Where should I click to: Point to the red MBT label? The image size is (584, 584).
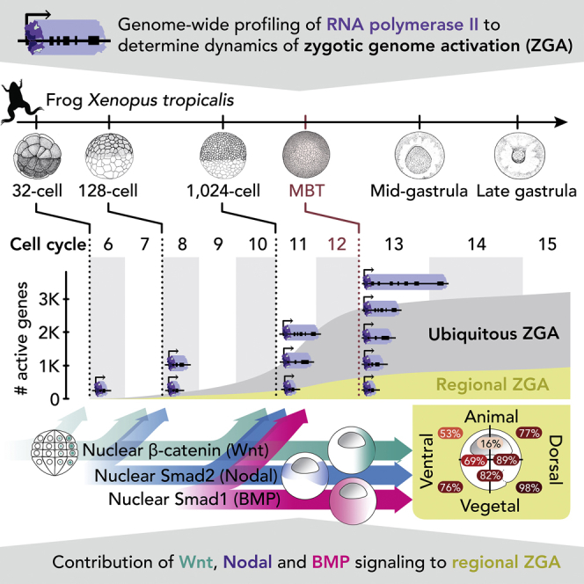click(x=304, y=191)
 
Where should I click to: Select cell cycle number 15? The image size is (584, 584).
click(x=547, y=244)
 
